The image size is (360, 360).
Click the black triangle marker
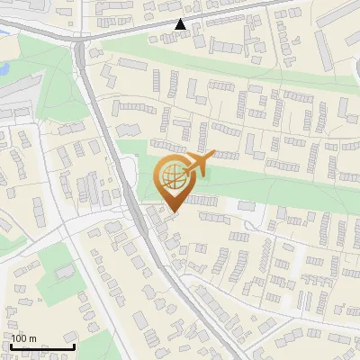[x=181, y=24]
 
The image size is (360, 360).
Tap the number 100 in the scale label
[x=20, y=339]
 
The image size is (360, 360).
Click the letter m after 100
[x=32, y=339]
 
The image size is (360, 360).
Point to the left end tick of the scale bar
[x=11, y=346]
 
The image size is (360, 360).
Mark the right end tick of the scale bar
[x=74, y=346]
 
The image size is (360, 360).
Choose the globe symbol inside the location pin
[x=171, y=176]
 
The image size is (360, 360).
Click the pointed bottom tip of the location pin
[x=172, y=211]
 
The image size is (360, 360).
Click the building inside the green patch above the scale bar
[x=64, y=271]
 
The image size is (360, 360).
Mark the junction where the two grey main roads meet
[x=81, y=42]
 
